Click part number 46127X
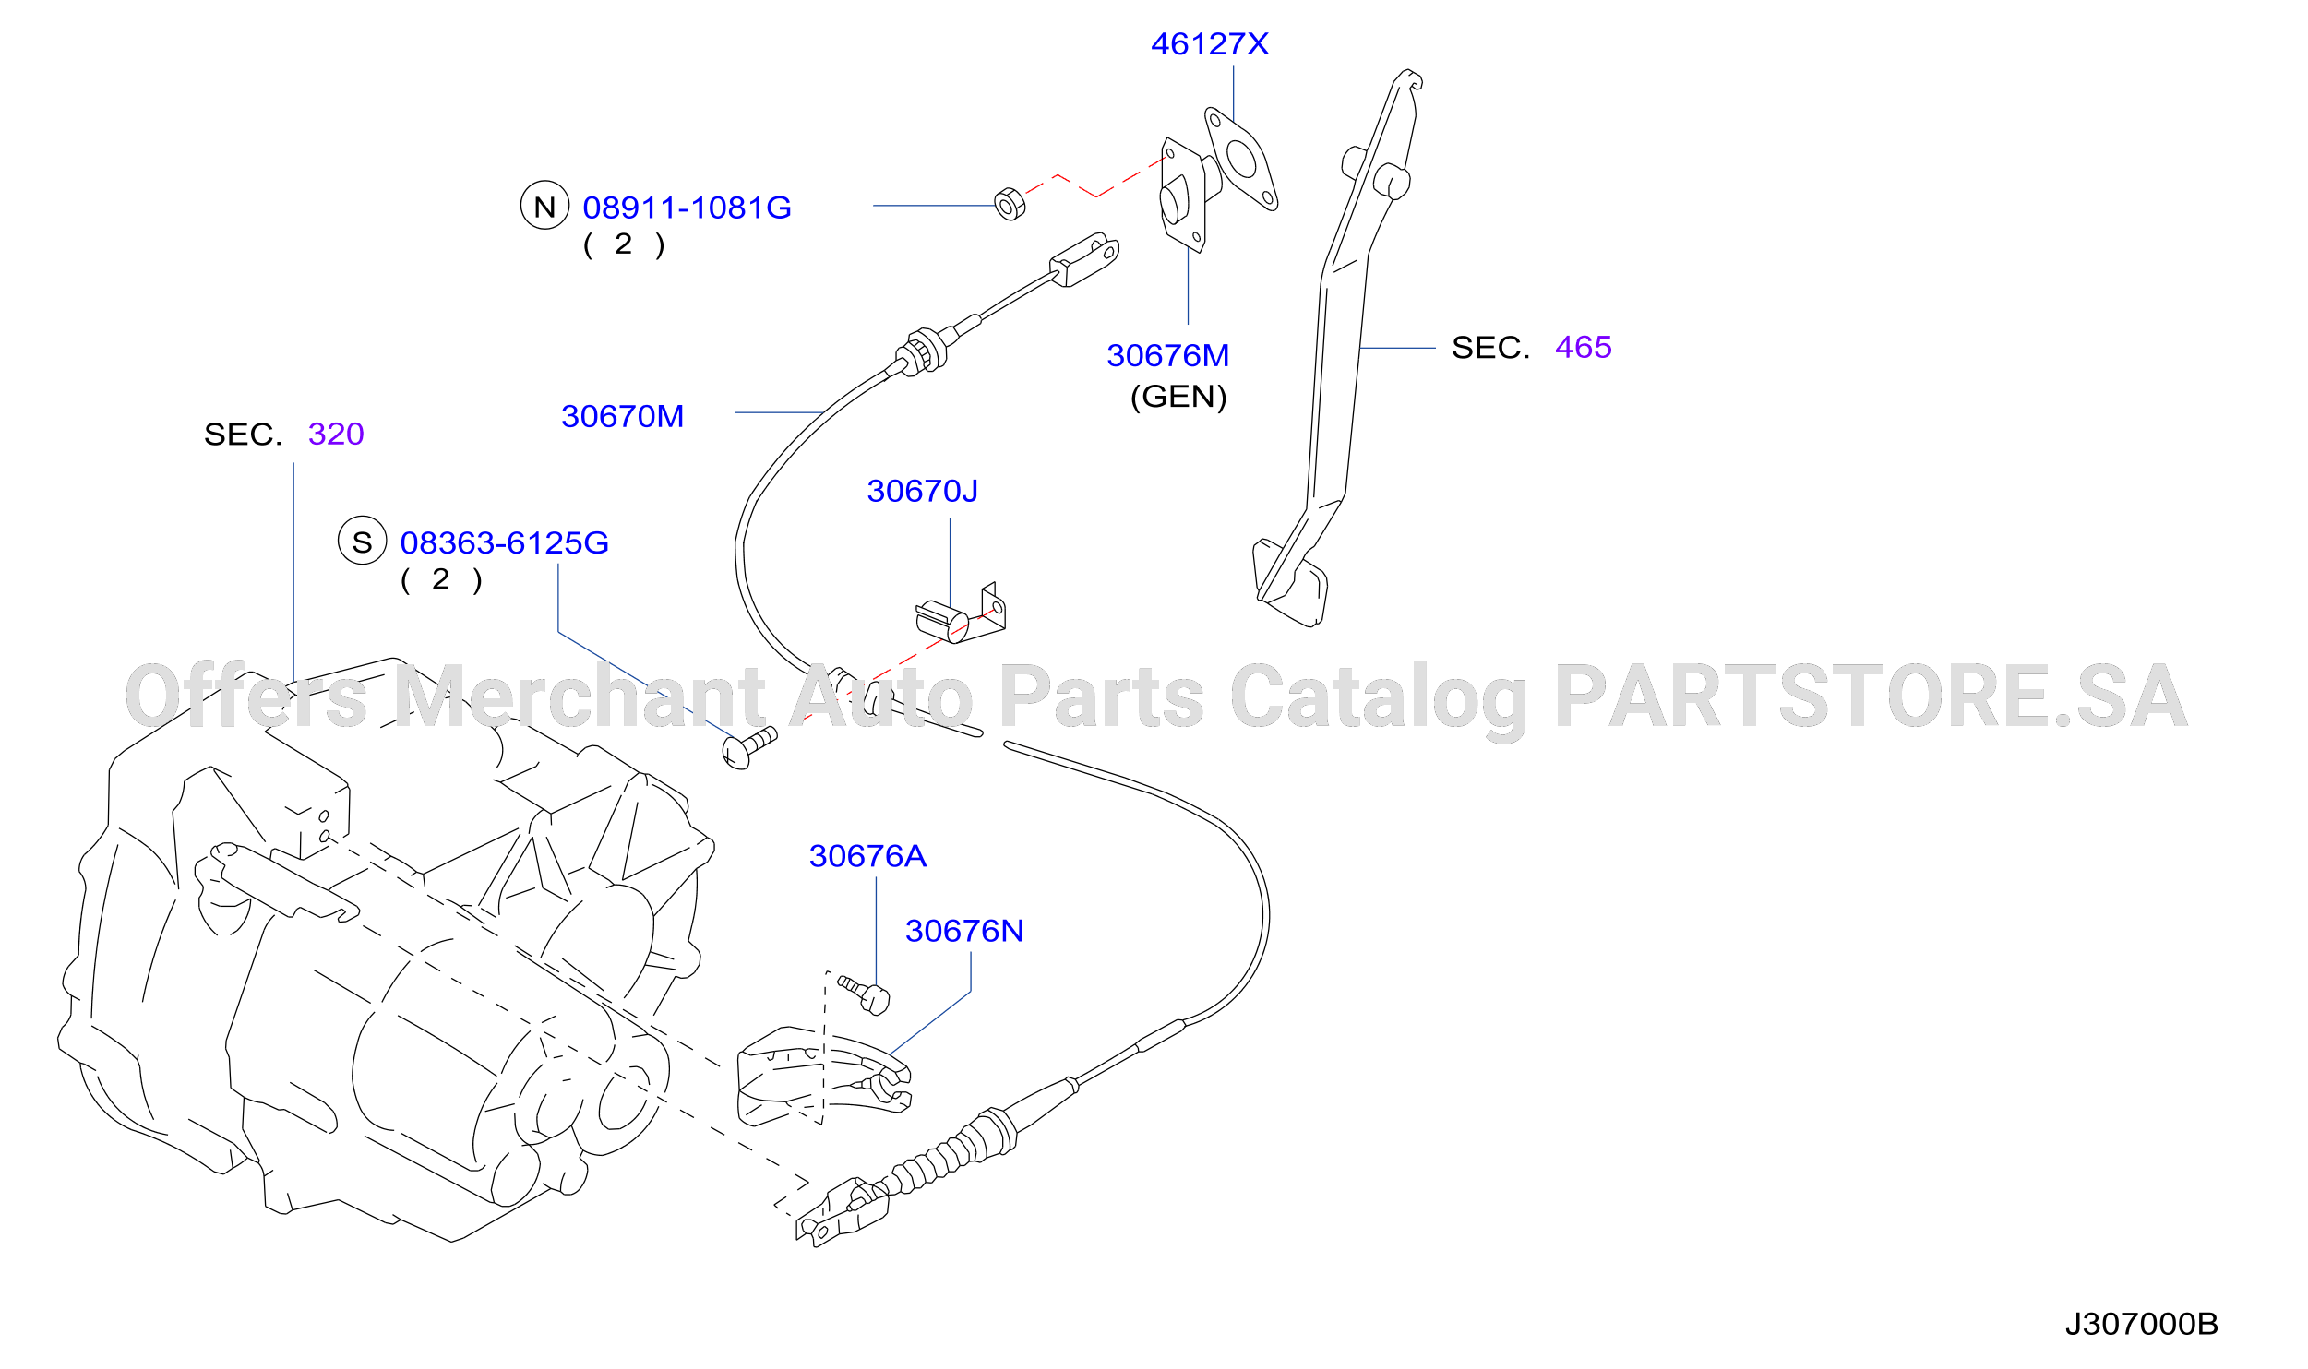[1209, 44]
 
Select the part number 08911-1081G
[687, 208]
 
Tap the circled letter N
[544, 206]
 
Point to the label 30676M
[1167, 355]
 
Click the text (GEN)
[1178, 397]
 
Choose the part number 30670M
[622, 416]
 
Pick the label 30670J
[922, 491]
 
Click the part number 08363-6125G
[504, 542]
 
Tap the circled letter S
[362, 541]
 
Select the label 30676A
[867, 856]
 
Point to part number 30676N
[964, 931]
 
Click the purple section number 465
[1583, 347]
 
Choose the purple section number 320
[336, 434]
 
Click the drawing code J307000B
[2141, 1325]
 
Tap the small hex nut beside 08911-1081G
[1010, 204]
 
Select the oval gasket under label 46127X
[1240, 159]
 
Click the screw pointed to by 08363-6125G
[748, 747]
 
